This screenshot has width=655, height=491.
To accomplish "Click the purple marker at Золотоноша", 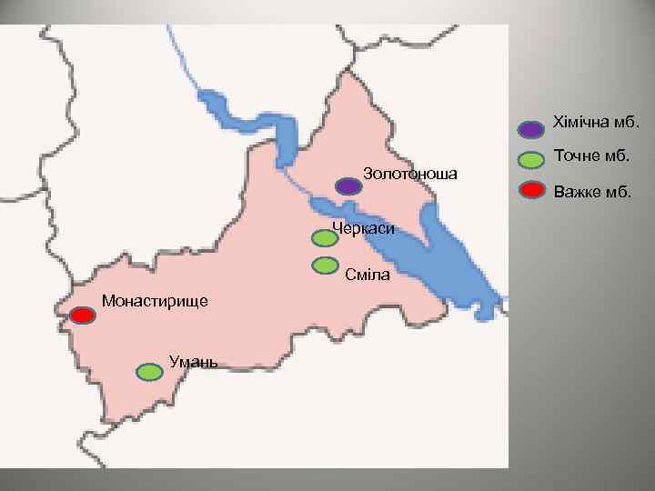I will click(348, 186).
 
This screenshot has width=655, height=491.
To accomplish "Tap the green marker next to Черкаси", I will click(325, 238).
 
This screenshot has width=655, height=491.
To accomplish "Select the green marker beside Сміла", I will click(325, 266).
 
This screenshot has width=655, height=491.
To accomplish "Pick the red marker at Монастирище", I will click(83, 316).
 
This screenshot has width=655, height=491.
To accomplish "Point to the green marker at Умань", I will click(149, 372).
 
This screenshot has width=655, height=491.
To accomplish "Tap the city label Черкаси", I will click(364, 228).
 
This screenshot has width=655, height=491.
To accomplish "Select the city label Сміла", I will click(368, 275).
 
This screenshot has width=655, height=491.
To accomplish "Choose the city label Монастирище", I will click(155, 300).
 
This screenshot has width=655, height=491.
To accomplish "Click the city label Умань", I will click(193, 362).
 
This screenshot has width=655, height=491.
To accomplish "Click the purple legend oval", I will click(532, 129).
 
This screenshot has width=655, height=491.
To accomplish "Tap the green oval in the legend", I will click(532, 160).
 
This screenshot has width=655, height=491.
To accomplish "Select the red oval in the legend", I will click(532, 191).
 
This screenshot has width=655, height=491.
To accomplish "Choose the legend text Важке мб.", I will click(592, 191).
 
